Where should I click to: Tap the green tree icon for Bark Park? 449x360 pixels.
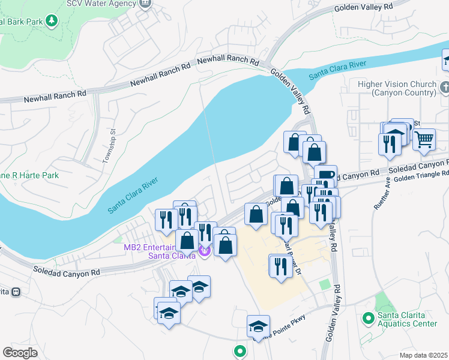point(52,21)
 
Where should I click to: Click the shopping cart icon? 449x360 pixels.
point(424,140)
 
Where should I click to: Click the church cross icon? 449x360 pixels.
point(444,88)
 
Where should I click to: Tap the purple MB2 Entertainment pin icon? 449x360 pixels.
point(204,251)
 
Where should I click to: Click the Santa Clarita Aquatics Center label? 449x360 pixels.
point(407,320)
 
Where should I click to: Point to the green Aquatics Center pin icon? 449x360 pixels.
point(367,316)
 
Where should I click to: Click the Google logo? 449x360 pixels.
point(20,352)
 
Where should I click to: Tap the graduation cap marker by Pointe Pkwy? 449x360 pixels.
point(258,326)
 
